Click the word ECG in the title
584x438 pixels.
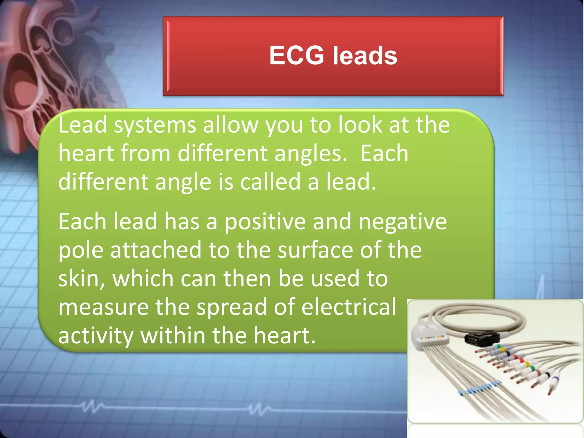pyautogui.click(x=297, y=55)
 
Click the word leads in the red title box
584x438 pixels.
pyautogui.click(x=365, y=56)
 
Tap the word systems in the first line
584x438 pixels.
pyautogui.click(x=155, y=125)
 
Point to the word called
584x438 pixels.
pyautogui.click(x=270, y=182)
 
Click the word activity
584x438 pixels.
pyautogui.click(x=96, y=336)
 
